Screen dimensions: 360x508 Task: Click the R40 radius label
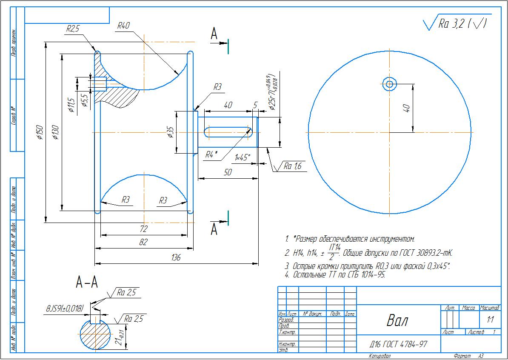123,26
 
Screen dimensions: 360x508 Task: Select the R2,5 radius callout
73,29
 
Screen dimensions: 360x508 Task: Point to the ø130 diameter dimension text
55,132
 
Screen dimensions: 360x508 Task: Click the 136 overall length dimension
175,257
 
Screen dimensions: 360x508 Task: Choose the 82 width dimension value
143,242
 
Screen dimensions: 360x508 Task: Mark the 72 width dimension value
143,229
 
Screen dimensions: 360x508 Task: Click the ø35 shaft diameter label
170,132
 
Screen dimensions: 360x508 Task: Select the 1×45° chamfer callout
243,157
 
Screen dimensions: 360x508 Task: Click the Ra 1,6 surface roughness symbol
292,166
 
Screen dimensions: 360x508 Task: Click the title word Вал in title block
397,320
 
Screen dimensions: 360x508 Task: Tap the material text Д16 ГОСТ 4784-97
398,344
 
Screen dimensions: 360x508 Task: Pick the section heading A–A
87,282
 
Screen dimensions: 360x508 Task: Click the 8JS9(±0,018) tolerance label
65,309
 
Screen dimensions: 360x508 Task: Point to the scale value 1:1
490,319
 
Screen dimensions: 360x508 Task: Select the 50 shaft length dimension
228,172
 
